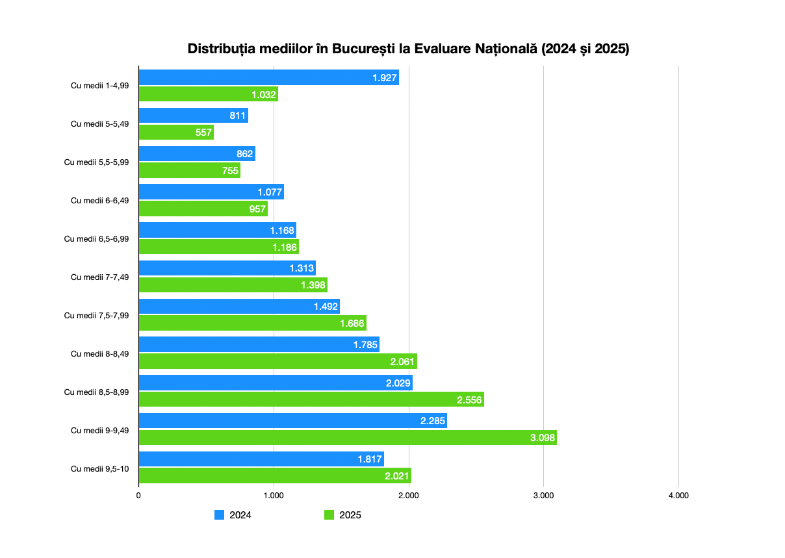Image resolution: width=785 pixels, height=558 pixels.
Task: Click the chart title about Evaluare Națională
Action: tap(408, 49)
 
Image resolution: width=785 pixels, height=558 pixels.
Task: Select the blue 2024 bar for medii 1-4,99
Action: tap(268, 77)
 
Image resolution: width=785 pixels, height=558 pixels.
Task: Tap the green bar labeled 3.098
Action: tap(348, 438)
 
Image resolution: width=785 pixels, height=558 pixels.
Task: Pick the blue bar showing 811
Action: tap(193, 116)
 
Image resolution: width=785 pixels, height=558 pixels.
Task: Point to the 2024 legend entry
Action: tap(233, 515)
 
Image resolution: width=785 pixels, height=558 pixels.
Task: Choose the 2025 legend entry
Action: tap(342, 515)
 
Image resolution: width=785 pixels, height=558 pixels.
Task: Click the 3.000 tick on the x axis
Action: tap(543, 496)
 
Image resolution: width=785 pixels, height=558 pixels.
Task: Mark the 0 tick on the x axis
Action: tap(138, 496)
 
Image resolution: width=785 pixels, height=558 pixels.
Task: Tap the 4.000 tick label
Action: tap(678, 496)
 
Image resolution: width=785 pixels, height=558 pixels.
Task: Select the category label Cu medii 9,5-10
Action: tap(100, 468)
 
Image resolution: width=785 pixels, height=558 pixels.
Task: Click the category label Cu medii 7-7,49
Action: tap(100, 277)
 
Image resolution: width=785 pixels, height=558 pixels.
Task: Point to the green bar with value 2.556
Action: tap(311, 399)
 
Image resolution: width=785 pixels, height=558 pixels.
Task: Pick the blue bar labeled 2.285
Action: tap(292, 421)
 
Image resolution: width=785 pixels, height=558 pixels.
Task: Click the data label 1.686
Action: tap(352, 323)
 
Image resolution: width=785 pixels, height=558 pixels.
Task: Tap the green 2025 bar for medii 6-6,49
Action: tap(203, 209)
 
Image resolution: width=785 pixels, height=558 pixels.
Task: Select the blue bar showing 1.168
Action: tap(217, 230)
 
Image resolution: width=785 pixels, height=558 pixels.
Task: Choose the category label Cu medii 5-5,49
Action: tap(100, 123)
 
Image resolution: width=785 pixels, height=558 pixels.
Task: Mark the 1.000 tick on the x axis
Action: tap(274, 496)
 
